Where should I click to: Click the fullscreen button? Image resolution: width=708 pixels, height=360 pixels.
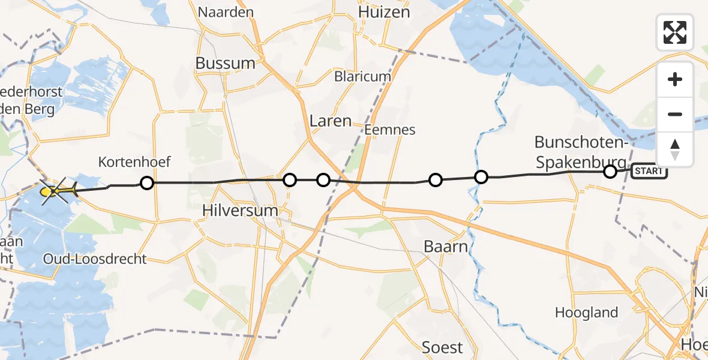click(675, 32)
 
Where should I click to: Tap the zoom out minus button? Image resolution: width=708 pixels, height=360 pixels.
click(675, 114)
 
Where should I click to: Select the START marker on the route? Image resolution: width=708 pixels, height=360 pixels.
click(649, 171)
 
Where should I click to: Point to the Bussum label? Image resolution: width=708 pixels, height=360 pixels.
click(225, 63)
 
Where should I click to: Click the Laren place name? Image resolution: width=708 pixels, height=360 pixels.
click(330, 121)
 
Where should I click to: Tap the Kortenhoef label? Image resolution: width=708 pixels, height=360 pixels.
click(134, 161)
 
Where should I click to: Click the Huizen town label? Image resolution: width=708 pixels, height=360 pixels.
click(383, 12)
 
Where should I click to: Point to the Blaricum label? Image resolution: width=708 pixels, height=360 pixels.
click(362, 77)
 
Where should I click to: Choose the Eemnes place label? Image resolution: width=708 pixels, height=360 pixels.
click(390, 130)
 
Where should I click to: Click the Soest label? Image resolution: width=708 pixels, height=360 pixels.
click(442, 347)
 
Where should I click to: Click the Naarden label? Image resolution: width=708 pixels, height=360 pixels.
click(226, 12)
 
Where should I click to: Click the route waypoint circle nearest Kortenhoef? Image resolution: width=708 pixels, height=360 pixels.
click(146, 183)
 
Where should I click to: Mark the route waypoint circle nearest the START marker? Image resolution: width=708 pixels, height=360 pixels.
click(610, 172)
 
